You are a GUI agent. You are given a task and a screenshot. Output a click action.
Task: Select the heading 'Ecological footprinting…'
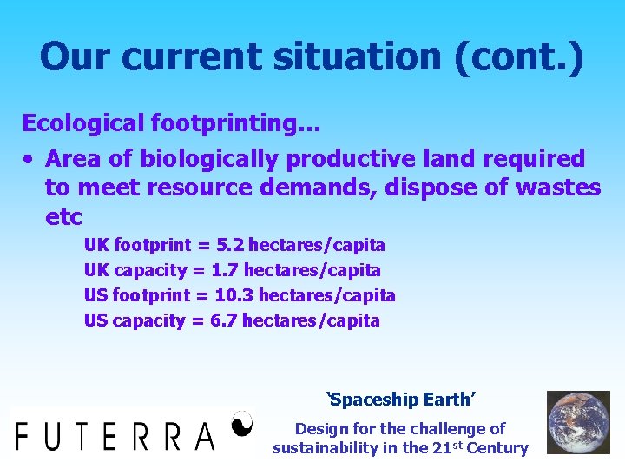[171, 123]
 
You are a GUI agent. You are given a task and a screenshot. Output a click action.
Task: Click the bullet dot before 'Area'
[29, 160]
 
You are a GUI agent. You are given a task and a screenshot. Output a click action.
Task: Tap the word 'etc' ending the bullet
[63, 216]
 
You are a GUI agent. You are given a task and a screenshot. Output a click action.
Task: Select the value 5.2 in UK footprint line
[230, 246]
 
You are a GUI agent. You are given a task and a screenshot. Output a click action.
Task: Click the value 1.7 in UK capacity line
[225, 270]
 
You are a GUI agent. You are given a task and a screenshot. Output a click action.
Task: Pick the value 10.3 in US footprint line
[234, 295]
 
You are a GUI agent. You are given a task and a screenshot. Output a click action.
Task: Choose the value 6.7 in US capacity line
[224, 320]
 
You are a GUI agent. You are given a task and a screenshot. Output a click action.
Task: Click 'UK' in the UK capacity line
[96, 270]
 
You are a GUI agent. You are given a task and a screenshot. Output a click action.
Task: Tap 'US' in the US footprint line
[96, 295]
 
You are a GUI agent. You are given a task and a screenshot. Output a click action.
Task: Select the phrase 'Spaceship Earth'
[401, 400]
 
